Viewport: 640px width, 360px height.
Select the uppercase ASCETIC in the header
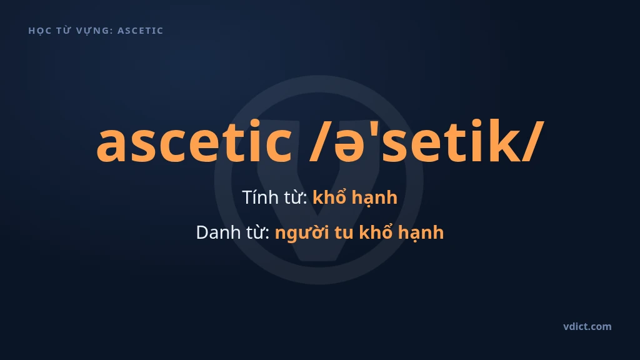point(141,31)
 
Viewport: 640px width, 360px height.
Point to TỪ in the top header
point(63,30)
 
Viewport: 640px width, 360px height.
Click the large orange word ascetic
point(194,141)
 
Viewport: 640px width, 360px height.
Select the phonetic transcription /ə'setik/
point(427,141)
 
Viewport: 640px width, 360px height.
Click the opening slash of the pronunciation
point(321,141)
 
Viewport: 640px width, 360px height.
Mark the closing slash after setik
point(532,141)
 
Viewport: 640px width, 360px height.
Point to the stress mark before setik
point(374,126)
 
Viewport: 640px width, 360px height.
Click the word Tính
point(259,197)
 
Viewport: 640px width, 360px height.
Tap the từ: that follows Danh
point(257,232)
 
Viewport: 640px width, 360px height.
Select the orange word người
point(302,233)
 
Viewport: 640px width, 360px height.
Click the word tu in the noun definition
point(344,233)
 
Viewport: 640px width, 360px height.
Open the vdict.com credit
point(587,326)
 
